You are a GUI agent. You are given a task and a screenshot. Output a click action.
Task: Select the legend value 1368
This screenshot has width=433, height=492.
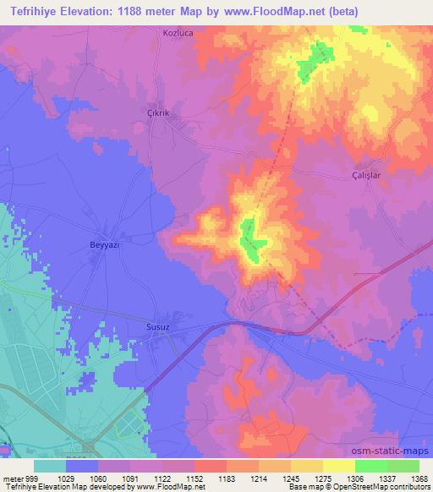point(419,478)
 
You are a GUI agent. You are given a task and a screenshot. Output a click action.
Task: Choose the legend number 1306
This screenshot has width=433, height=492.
point(355,478)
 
